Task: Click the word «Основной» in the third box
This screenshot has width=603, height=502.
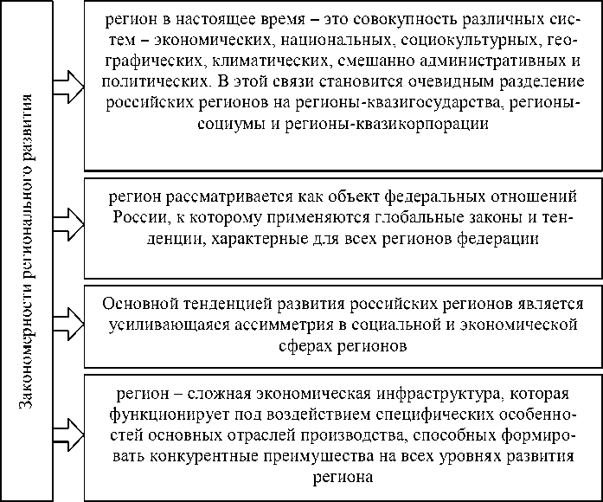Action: tap(139, 305)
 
